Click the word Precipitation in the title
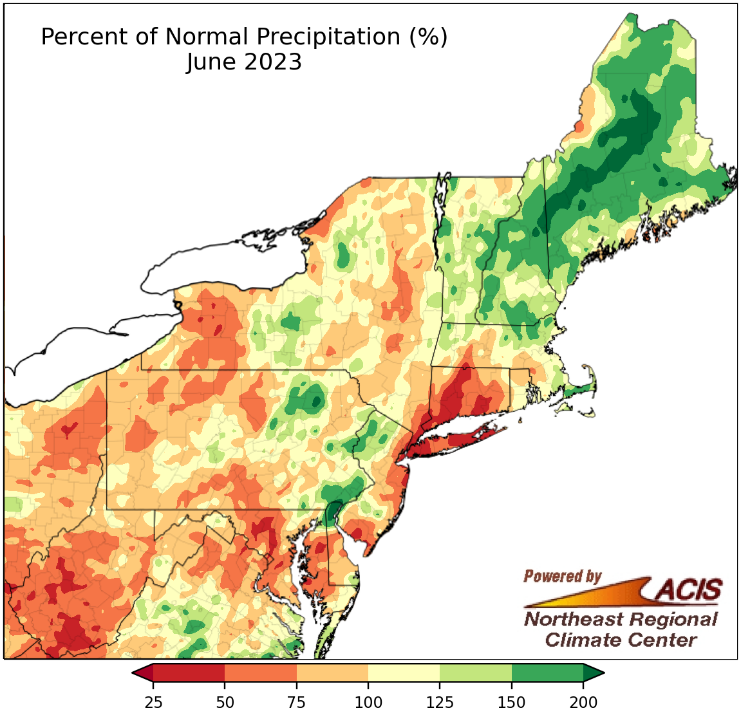[x=328, y=37]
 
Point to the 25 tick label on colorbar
[x=153, y=701]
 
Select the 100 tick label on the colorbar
[x=368, y=701]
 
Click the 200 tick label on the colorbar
[x=583, y=701]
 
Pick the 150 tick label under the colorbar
[x=512, y=701]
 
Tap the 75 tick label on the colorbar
[x=297, y=701]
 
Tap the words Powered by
[x=562, y=576]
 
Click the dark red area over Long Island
[x=451, y=443]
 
